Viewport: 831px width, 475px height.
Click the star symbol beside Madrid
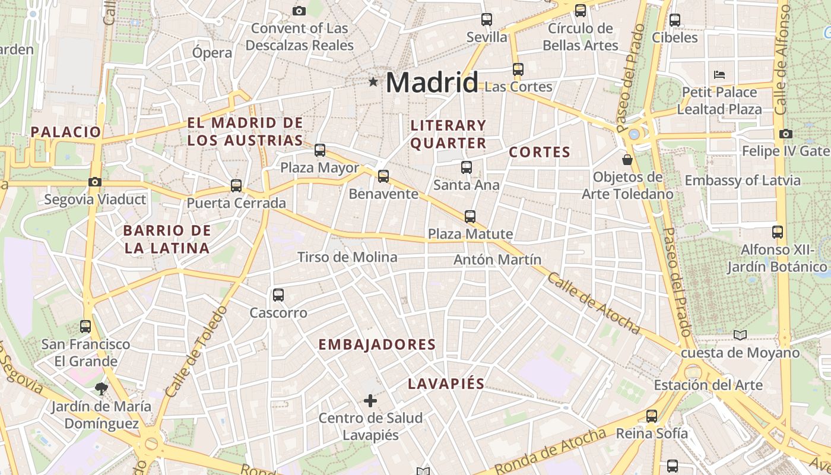pos(373,82)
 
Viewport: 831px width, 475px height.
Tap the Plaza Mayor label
pos(319,167)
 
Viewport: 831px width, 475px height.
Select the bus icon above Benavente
pos(383,176)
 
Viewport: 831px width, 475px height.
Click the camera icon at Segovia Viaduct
pos(94,182)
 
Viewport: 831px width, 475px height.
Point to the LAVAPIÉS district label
pos(446,384)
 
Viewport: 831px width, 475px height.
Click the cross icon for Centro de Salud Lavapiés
pos(370,401)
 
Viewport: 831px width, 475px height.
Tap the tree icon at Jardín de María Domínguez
pos(102,389)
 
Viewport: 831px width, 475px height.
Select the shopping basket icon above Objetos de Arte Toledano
pos(627,160)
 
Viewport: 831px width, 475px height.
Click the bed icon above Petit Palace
pos(719,75)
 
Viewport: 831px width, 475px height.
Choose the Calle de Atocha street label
pos(594,303)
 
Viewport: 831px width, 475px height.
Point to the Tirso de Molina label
pos(347,257)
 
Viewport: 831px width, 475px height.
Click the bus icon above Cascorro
pos(278,294)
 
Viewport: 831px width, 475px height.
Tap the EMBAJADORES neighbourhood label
pos(377,344)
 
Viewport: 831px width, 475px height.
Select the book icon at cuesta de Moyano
pos(740,335)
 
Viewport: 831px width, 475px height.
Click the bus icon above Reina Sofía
pos(652,416)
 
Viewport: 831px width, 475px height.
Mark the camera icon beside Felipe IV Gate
pos(785,134)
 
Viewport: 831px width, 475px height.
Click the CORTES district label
pos(540,152)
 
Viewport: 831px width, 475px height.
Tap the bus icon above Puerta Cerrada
pos(236,185)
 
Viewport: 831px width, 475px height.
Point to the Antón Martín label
pos(497,259)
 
